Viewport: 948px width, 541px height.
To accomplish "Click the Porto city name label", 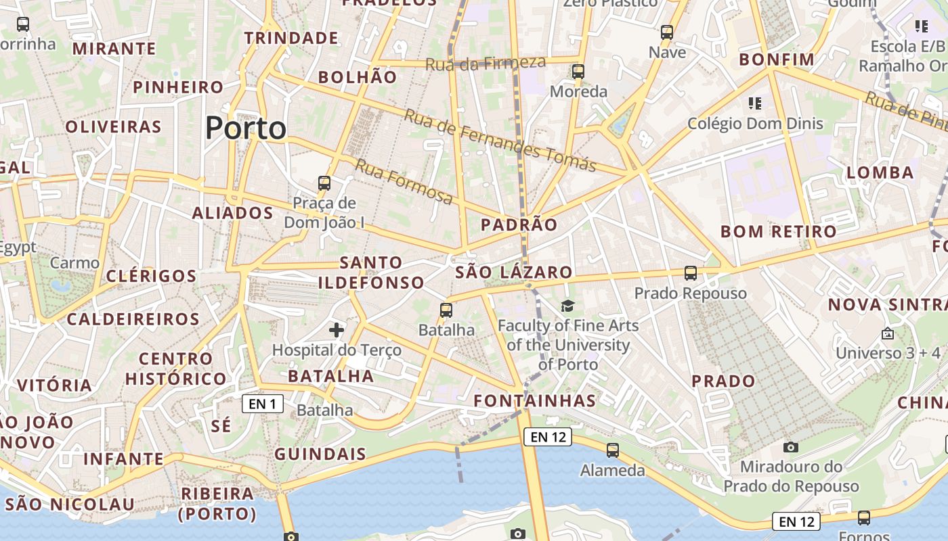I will (246, 128).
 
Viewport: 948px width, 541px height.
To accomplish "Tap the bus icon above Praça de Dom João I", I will (324, 183).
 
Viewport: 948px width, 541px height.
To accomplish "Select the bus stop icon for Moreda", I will (578, 71).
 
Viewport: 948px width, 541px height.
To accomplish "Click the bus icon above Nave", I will (667, 32).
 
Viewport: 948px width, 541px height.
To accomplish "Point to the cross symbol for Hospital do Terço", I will (336, 330).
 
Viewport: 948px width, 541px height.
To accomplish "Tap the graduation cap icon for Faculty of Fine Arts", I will (567, 306).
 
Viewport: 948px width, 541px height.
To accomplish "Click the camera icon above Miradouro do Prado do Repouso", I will (790, 447).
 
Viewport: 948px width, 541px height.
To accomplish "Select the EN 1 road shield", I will (263, 404).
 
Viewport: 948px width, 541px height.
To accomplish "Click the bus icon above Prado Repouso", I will (690, 273).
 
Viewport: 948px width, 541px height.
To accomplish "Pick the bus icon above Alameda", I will (612, 450).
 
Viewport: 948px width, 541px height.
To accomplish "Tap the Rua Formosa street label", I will (404, 182).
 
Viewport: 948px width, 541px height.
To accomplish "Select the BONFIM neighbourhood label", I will (777, 60).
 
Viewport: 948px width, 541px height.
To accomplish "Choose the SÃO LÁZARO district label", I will (514, 273).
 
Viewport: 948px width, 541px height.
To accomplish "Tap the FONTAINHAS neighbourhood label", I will (535, 400).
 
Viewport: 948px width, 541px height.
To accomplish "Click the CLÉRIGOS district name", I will (151, 276).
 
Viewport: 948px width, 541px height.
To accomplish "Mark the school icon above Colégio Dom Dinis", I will (755, 103).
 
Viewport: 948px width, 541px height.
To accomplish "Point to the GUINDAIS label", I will (320, 454).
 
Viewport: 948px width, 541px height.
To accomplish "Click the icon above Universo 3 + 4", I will (888, 333).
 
